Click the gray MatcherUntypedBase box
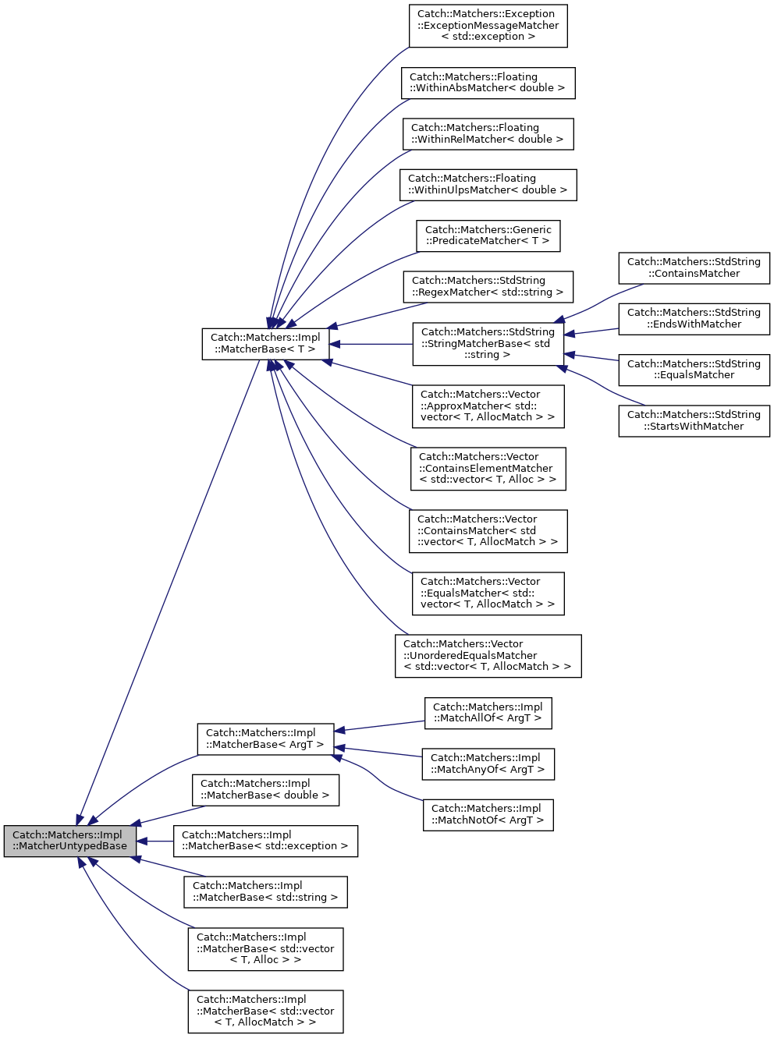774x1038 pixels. coord(70,841)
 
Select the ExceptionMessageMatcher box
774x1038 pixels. coord(488,26)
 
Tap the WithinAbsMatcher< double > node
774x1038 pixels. coord(488,83)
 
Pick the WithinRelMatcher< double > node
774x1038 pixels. coord(488,133)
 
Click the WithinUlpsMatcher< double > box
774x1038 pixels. coord(488,185)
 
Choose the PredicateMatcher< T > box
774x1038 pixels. coord(488,236)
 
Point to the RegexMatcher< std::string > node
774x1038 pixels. coord(488,287)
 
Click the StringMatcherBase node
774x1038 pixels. coord(488,344)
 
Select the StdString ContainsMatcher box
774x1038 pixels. coord(694,268)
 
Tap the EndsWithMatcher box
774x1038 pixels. coord(694,319)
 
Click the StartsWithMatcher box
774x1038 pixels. coord(694,421)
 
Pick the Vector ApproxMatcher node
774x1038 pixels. coord(488,406)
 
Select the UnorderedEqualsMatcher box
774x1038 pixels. coord(488,656)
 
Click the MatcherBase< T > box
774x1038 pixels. coord(265,344)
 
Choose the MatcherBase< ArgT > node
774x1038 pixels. coord(265,739)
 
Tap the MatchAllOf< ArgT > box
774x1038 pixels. coord(488,713)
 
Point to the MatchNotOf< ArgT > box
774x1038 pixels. coord(488,815)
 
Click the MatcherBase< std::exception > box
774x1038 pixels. coord(265,841)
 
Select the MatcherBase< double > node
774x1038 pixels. coord(265,790)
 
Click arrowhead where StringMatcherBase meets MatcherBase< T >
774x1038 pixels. coord(335,344)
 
